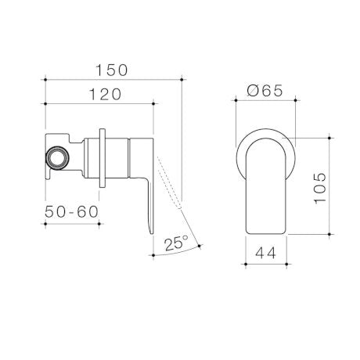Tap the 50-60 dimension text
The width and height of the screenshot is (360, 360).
tap(71, 212)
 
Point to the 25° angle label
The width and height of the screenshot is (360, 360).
tap(176, 243)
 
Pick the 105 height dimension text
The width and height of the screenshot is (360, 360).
tap(322, 188)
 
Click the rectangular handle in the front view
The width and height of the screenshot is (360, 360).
tap(265, 188)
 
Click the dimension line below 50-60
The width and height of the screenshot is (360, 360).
tap(71, 223)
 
